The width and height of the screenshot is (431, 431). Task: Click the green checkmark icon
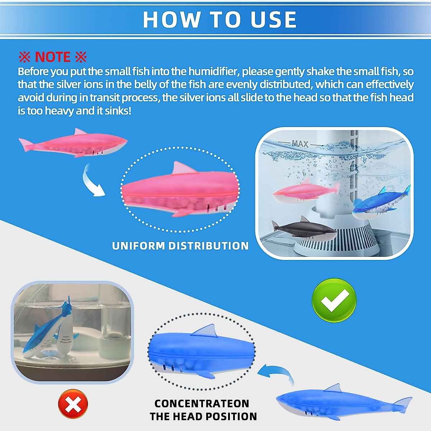(334, 300)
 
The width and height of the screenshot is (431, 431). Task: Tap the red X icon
(73, 404)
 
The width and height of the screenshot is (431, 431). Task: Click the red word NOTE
(53, 57)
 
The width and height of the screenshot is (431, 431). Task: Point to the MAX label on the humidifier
(300, 144)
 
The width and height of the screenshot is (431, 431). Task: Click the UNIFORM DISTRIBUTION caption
(180, 246)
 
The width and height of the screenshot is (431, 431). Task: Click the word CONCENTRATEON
(202, 404)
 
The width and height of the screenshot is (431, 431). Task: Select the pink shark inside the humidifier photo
(305, 191)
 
